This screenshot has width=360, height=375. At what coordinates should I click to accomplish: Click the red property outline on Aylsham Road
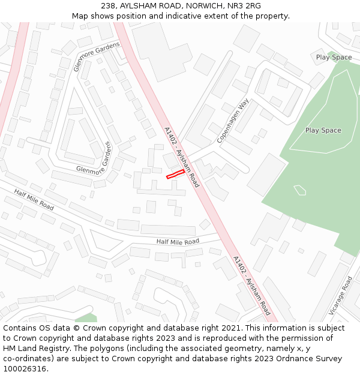[175, 174]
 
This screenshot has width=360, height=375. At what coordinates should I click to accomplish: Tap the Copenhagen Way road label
[232, 120]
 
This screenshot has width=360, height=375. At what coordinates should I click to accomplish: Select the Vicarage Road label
[340, 295]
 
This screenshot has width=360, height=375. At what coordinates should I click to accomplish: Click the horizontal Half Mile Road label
[178, 242]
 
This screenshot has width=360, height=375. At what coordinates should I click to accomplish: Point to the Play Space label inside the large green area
[323, 130]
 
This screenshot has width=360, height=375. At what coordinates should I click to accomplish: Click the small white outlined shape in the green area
[300, 190]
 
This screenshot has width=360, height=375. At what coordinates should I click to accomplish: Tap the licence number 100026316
[25, 369]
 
